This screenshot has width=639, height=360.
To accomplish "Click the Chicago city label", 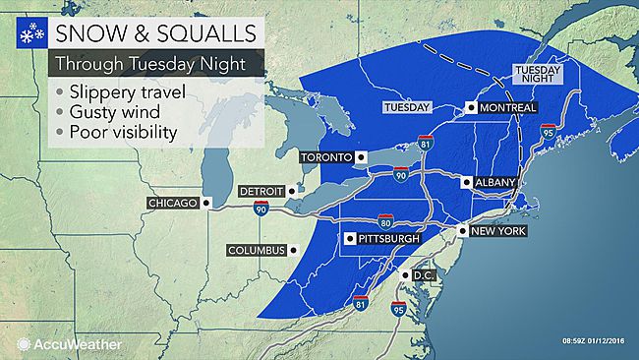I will coord(172,203).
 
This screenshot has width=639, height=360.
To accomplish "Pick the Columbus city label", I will coord(258,250).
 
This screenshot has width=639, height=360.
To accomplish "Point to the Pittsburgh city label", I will coord(387,238).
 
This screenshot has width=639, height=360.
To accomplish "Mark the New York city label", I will coord(500,230).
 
